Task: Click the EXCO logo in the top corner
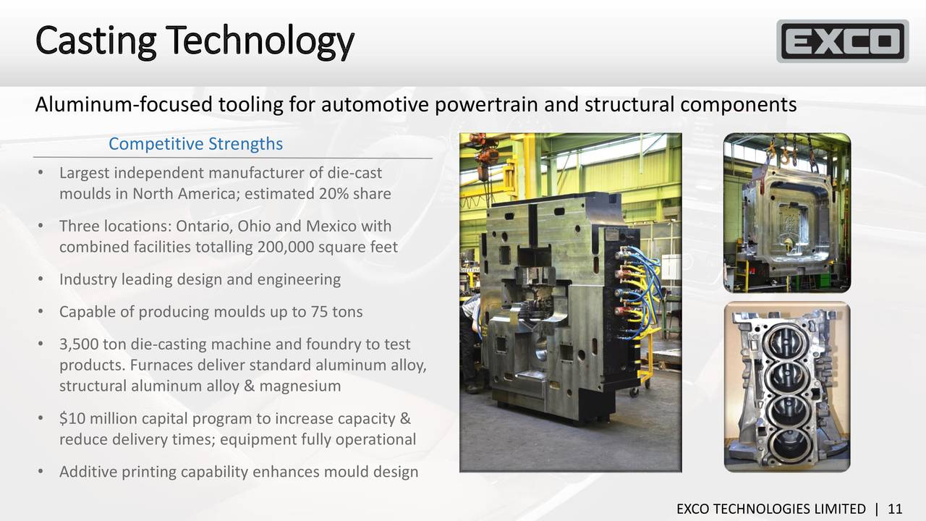point(842,41)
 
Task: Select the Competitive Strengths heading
point(195,144)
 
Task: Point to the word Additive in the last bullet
point(88,472)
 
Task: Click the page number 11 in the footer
point(895,509)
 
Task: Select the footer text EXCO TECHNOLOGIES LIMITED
point(770,509)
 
